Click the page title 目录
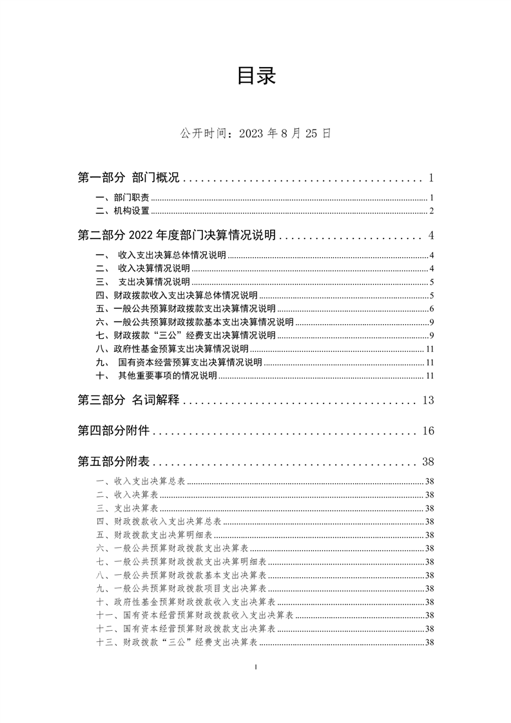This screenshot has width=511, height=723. click(256, 76)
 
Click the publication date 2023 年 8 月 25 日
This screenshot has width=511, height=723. click(256, 133)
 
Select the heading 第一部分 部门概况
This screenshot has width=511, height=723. click(128, 178)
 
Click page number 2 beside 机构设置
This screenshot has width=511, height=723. click(432, 211)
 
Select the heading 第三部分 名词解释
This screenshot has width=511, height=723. click(128, 401)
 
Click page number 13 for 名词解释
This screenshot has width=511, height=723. click(429, 401)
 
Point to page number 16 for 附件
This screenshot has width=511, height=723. click(429, 431)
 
